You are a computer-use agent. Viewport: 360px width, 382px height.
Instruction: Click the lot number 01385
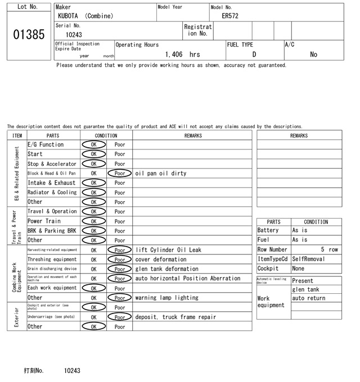pyautogui.click(x=29, y=35)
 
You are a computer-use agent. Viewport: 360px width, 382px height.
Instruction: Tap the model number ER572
pyautogui.click(x=231, y=16)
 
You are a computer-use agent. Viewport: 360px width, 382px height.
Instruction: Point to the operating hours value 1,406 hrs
pyautogui.click(x=183, y=54)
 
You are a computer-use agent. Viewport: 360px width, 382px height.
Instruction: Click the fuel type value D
pyautogui.click(x=254, y=54)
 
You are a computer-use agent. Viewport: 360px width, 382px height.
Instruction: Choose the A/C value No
pyautogui.click(x=313, y=54)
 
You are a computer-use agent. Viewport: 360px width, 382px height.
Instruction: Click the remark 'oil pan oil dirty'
pyautogui.click(x=161, y=174)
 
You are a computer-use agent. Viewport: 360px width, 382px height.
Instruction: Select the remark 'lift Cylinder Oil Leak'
pyautogui.click(x=168, y=250)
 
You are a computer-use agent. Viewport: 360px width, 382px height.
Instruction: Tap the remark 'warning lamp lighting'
pyautogui.click(x=166, y=298)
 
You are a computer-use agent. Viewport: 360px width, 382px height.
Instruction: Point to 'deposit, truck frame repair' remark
pyautogui.click(x=175, y=317)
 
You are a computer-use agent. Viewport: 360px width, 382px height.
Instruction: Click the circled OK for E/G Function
pyautogui.click(x=94, y=145)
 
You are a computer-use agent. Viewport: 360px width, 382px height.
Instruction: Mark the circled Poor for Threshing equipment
pyautogui.click(x=120, y=260)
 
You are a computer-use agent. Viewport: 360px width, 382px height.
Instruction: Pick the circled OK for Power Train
pyautogui.click(x=94, y=221)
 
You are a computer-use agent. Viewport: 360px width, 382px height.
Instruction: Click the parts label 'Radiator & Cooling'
pyautogui.click(x=52, y=193)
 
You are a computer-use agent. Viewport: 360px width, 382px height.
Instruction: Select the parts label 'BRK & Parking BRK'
pyautogui.click(x=52, y=231)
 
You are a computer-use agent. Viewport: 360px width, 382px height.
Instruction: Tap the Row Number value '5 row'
pyautogui.click(x=330, y=249)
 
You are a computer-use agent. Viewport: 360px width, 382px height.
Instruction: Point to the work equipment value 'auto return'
pyautogui.click(x=309, y=298)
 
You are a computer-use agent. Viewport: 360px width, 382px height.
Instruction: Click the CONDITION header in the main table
pyautogui.click(x=106, y=135)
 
